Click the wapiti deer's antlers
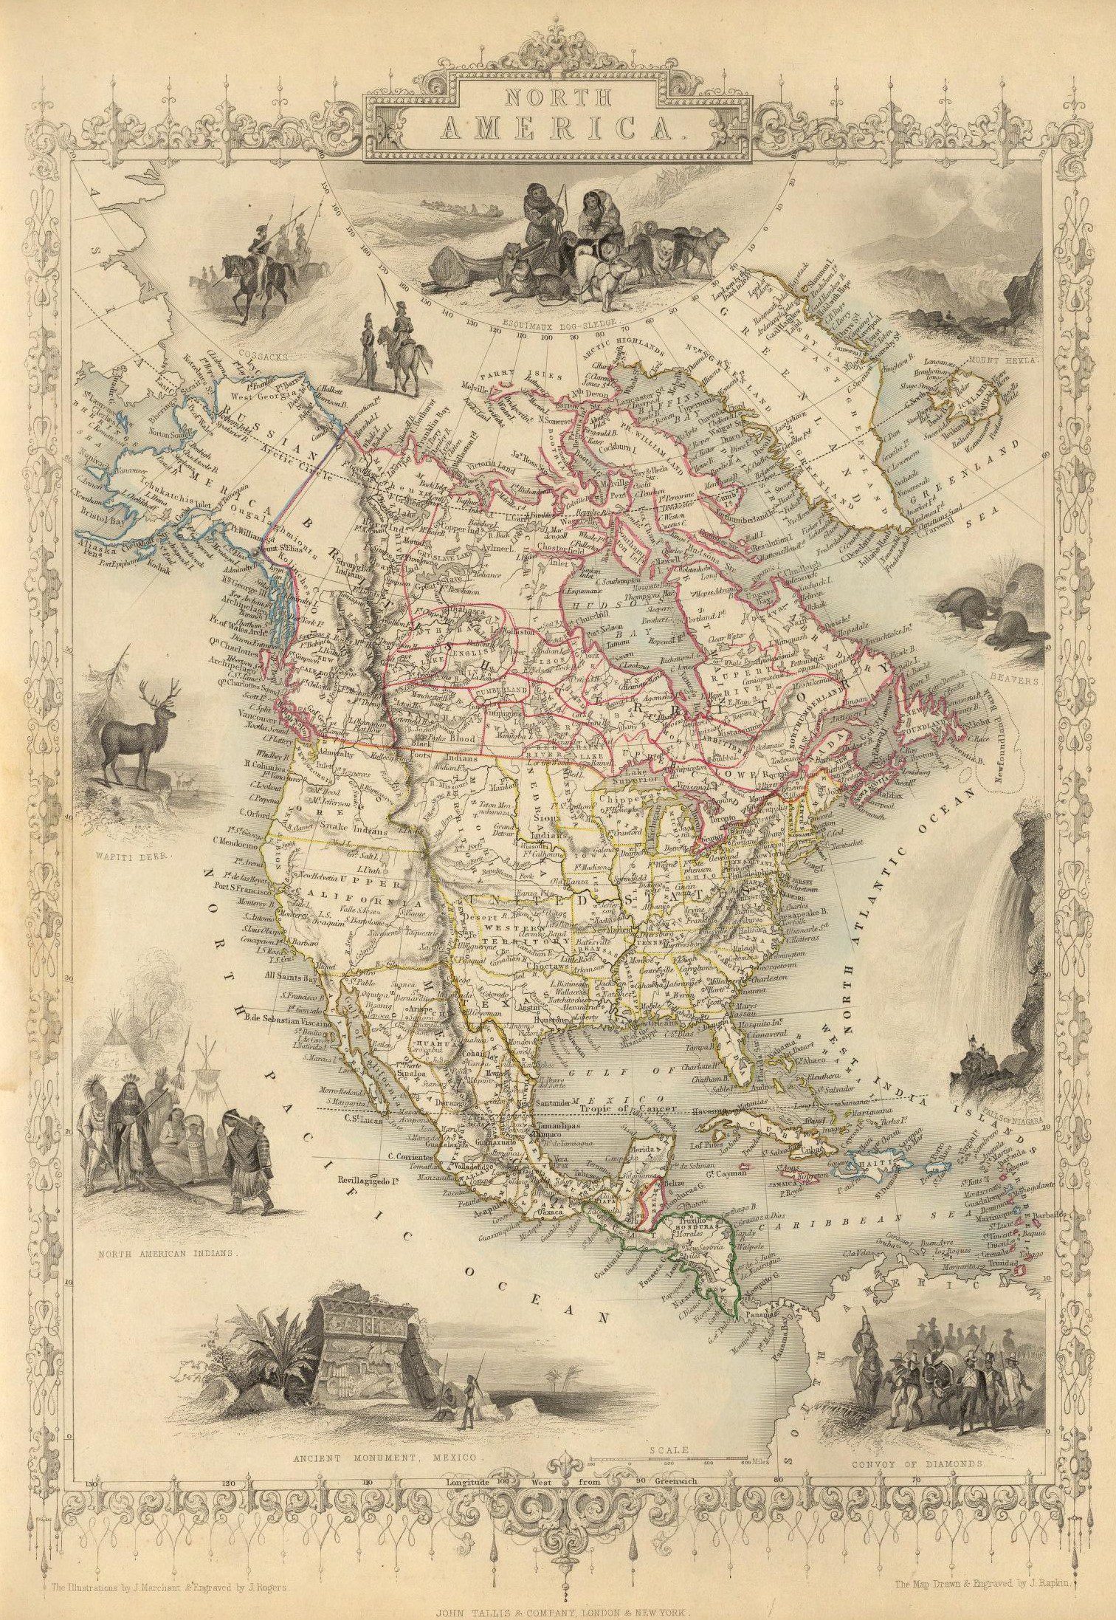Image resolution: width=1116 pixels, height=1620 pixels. coord(164,689)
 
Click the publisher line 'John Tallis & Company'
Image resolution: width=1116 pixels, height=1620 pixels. coord(557,1610)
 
